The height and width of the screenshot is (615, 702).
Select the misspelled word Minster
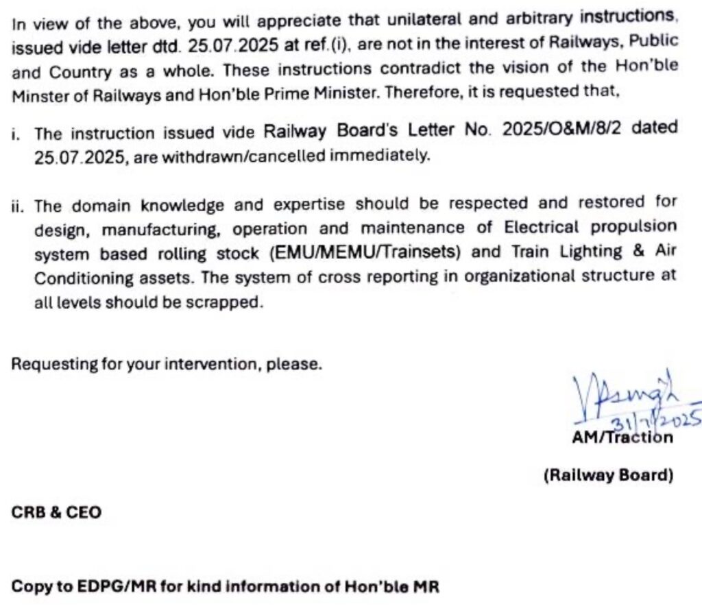tap(40, 95)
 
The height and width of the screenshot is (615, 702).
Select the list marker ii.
tap(16, 205)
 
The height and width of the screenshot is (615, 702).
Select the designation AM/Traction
tap(622, 437)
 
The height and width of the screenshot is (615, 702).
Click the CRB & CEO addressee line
tap(56, 512)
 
